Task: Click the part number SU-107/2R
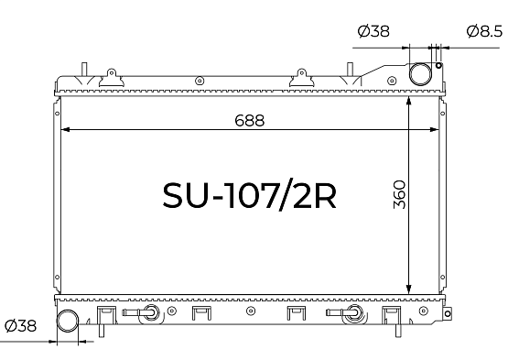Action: point(249,195)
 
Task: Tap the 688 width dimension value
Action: point(250,120)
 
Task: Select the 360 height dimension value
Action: point(399,194)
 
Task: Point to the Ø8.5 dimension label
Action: point(484,31)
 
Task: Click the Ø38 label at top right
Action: point(373,31)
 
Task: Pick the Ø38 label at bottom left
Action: point(21,325)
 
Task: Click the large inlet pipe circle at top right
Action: point(420,74)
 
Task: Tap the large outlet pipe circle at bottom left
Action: point(68,321)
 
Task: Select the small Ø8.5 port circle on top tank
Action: point(438,66)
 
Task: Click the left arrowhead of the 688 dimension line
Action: point(65,130)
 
